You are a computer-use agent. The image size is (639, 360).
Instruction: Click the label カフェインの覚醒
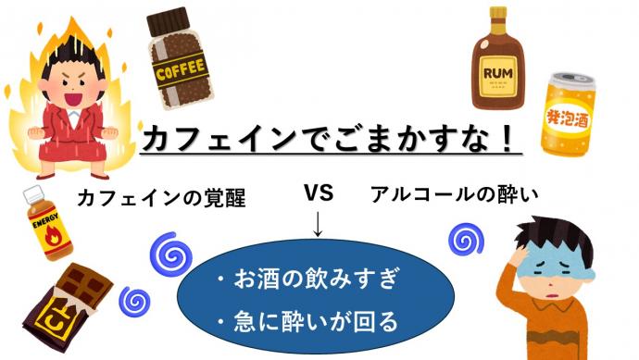tap(161, 197)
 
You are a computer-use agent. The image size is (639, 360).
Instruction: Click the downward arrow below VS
tap(318, 225)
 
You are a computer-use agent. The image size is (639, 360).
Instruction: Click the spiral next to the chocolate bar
tap(135, 301)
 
